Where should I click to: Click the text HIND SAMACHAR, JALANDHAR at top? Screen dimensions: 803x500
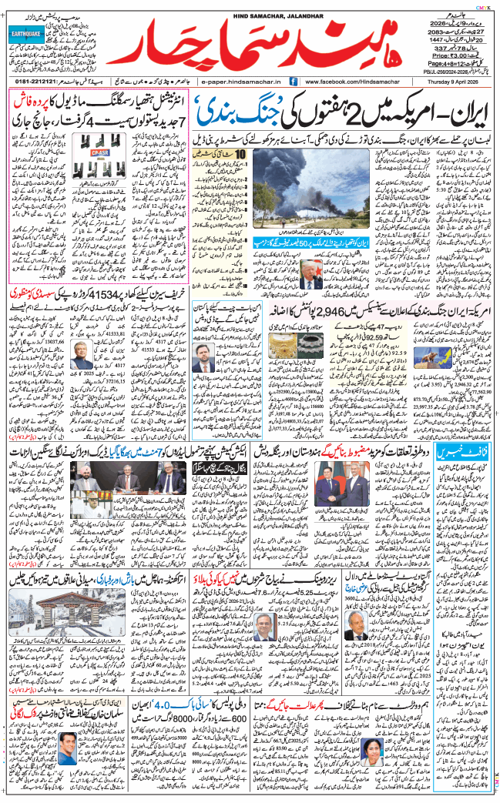tap(250, 6)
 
